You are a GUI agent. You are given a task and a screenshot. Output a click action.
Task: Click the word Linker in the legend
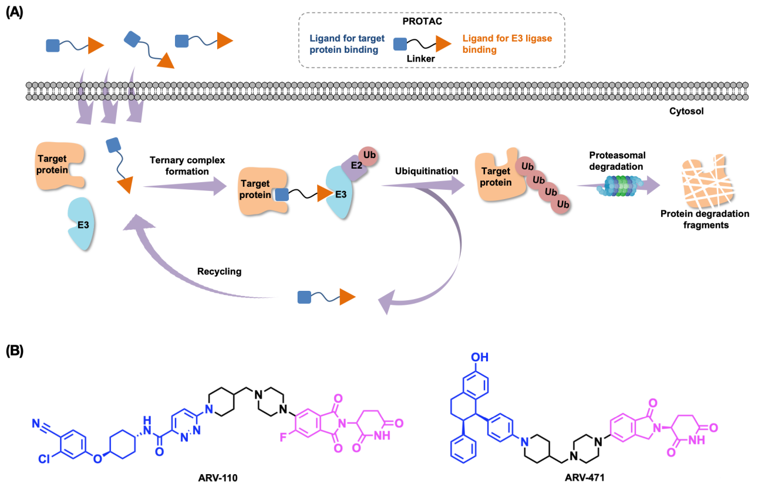click(x=421, y=59)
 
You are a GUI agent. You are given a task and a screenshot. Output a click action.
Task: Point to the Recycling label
click(x=219, y=272)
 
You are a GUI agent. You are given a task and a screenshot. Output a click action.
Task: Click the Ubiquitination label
click(x=426, y=171)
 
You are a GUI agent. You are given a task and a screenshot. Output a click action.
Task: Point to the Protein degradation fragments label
click(x=705, y=219)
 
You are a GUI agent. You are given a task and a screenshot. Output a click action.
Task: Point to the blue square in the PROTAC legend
click(x=399, y=43)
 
